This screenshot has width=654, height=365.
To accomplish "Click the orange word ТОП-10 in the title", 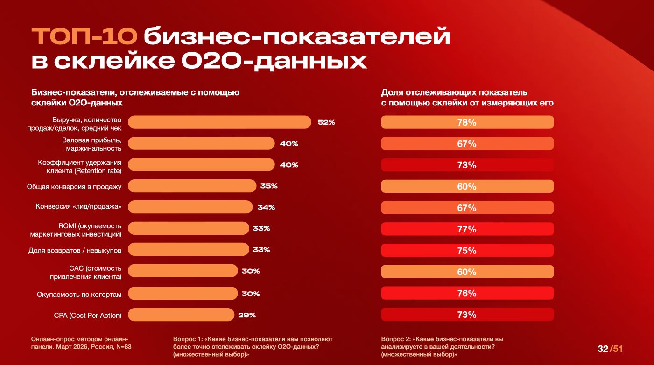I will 84,37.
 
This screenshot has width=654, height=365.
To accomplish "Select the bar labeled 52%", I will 219,122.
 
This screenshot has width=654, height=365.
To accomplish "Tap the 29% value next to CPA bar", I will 247,315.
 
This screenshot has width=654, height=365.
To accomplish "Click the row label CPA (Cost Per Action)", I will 88,316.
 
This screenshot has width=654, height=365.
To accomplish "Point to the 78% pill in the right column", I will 467,122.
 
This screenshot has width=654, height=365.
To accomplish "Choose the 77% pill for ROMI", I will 467,229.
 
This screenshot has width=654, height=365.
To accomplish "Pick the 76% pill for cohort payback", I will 467,293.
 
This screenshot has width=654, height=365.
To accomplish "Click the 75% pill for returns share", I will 467,251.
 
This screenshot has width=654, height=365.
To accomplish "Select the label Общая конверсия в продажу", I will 74,187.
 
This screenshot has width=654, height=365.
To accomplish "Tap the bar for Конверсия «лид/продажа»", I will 190,207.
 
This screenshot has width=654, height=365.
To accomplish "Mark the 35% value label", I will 269,186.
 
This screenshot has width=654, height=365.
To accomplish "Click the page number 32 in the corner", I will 603,349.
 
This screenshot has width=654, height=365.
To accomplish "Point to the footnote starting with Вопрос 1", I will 253,347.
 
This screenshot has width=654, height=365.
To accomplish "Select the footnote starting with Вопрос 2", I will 442,347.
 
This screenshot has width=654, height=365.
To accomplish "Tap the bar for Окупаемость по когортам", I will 183,293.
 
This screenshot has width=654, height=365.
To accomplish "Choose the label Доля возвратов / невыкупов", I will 75,251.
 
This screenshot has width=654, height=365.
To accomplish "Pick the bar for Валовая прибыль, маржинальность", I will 201,143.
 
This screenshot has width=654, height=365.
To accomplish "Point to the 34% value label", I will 266,207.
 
